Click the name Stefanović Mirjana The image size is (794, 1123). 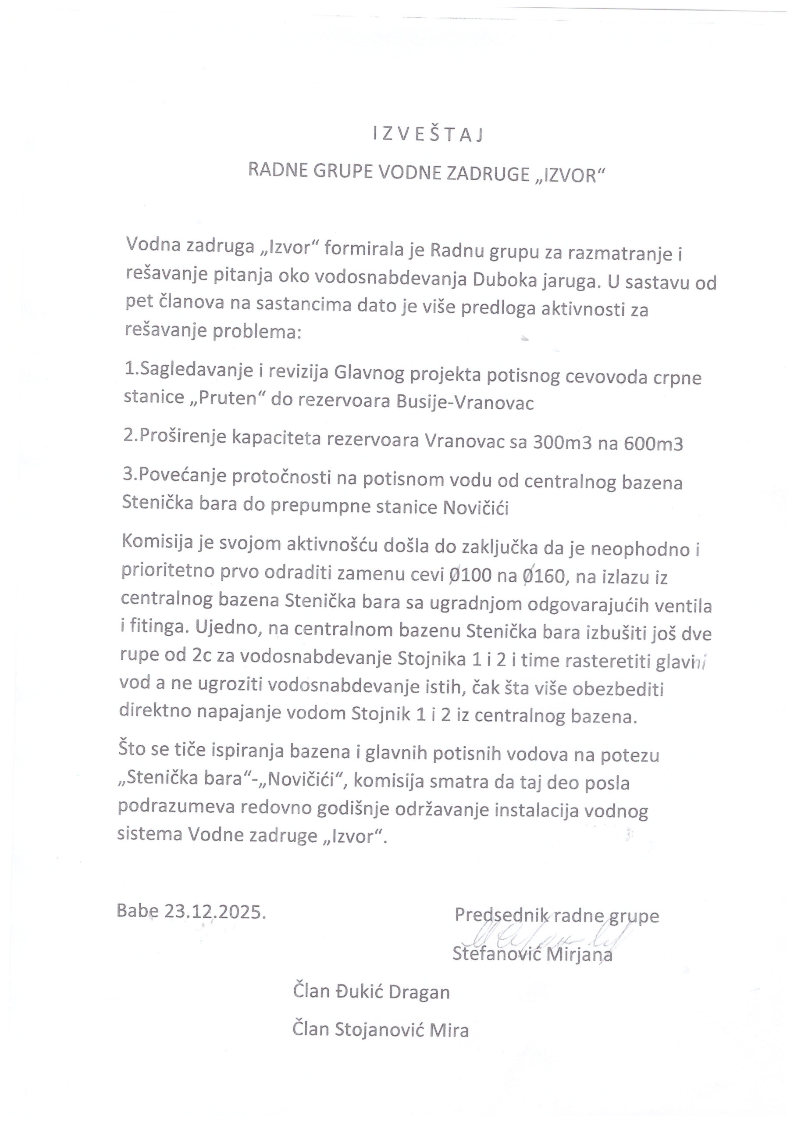click(532, 954)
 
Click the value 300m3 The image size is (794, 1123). click(561, 443)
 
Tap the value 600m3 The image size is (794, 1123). click(653, 443)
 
